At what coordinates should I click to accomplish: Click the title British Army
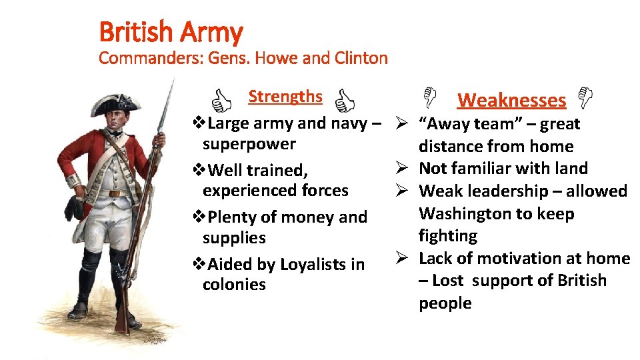pos(170,31)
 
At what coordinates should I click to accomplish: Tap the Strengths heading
pos(285,97)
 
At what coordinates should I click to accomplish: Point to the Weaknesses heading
pos(511,101)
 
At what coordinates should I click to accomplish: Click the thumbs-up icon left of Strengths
pos(221,101)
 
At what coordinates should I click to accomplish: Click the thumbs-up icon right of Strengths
pos(344,101)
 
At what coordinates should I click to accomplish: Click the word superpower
pos(249,144)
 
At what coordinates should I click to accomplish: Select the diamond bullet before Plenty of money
pos(199,217)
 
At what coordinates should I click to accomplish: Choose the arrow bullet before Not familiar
pos(402,169)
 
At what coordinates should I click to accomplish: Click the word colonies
pos(234,285)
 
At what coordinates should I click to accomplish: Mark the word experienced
pos(245,191)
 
